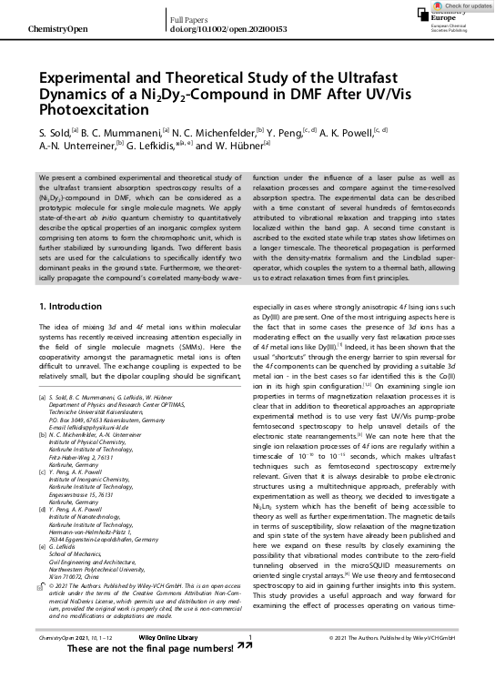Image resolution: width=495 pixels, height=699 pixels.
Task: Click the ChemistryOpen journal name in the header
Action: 57,30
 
